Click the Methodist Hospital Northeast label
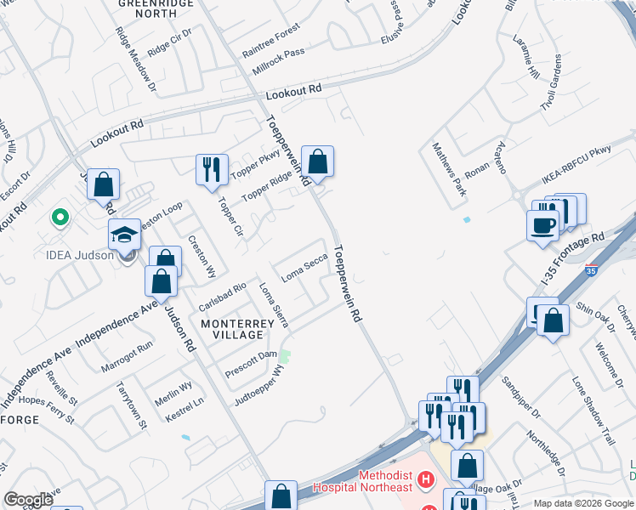(362, 481)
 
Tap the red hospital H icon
(429, 482)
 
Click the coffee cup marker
(543, 225)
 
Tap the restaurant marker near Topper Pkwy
(212, 168)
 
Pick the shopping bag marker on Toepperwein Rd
(317, 161)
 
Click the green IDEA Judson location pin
(60, 218)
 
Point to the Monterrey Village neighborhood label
(237, 330)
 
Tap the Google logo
(28, 500)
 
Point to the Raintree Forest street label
(270, 41)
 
